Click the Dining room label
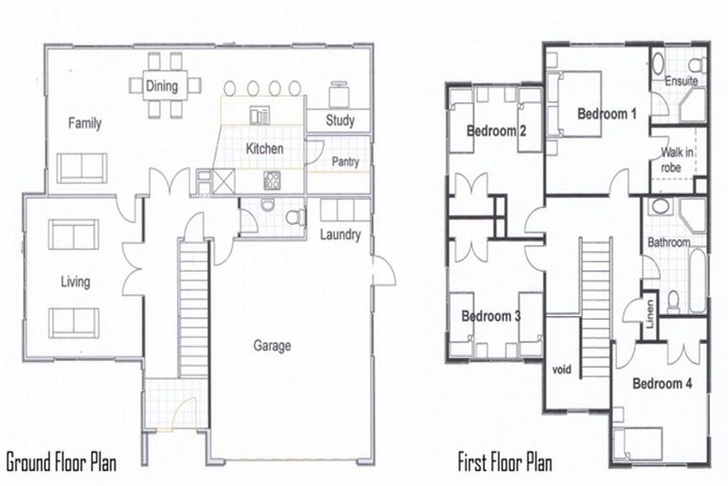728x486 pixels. pos(163,86)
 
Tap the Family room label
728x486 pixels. pos(84,123)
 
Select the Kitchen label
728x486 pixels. pos(264,149)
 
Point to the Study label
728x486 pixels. pos(339,121)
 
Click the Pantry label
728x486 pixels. pos(345,162)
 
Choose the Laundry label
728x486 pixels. pos(340,234)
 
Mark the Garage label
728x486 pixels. pos(272,346)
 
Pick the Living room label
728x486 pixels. pos(75,282)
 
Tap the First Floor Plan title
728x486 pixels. pos(505,464)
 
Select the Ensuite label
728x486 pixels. pos(681,82)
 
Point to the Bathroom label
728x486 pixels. pos(668,243)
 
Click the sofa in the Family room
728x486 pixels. pos(82,167)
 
